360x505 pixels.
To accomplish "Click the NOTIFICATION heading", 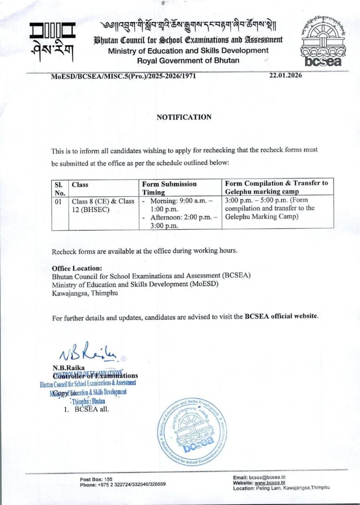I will pyautogui.click(x=184, y=117).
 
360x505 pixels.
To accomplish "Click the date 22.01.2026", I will pyautogui.click(x=286, y=75).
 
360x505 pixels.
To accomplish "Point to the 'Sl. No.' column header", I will pyautogui.click(x=60, y=187).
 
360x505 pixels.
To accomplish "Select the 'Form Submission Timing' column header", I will pyautogui.click(x=170, y=187).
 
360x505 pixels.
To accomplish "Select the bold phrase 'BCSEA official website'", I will pyautogui.click(x=281, y=316).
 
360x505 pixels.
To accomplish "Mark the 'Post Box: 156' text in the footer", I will pyautogui.click(x=96, y=479).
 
